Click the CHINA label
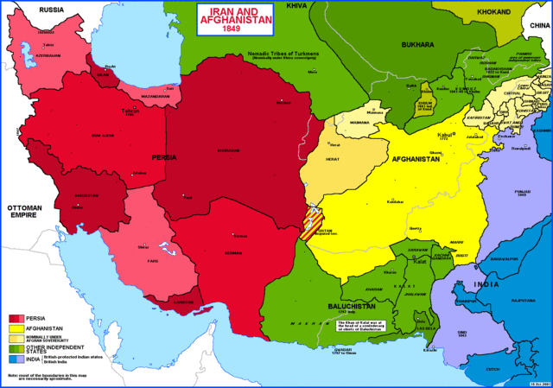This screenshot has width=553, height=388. pyautogui.click(x=537, y=26)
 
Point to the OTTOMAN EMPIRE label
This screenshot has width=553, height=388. pyautogui.click(x=25, y=213)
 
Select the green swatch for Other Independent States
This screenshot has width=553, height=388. pyautogui.click(x=16, y=347)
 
